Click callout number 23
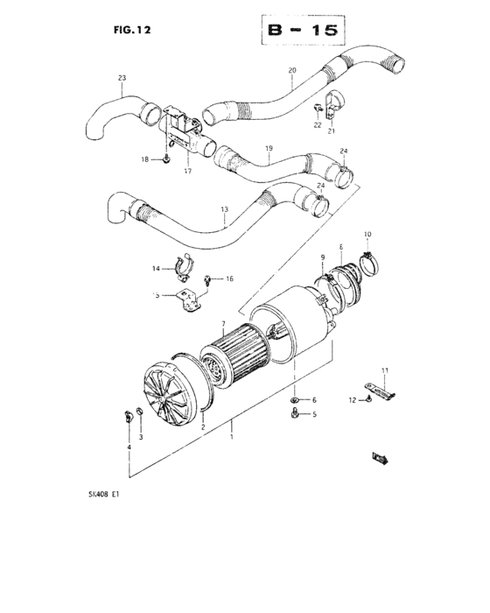[122, 79]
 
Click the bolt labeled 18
[165, 159]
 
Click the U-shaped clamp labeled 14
[185, 262]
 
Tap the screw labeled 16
[207, 281]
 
